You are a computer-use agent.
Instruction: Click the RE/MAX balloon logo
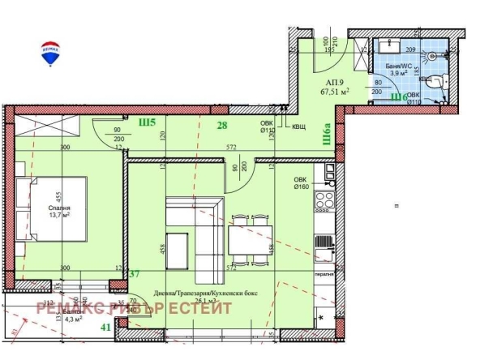coord(49,53)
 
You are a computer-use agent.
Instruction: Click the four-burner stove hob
coord(324,199)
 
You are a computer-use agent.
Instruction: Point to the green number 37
coord(135,275)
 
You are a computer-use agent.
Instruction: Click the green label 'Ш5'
coord(147,123)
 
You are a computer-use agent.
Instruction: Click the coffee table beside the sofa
coord(178,246)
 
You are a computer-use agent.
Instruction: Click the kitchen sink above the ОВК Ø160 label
coord(328,170)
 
